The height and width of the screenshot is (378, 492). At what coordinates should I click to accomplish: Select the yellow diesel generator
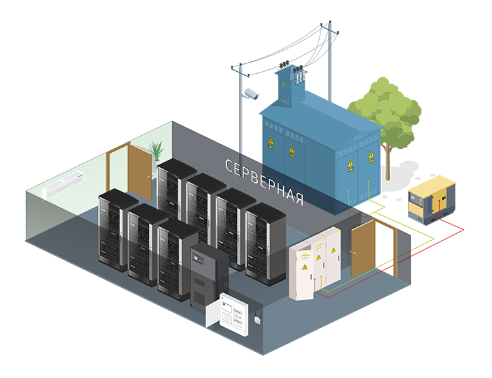(431, 198)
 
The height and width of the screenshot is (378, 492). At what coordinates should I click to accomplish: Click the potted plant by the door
(157, 151)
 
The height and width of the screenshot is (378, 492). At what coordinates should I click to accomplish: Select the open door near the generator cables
(363, 248)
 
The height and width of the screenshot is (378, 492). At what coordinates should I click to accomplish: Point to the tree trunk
(388, 160)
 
